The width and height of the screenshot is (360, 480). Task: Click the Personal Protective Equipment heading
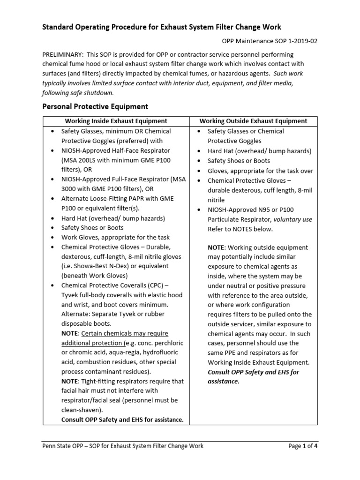pos(95,106)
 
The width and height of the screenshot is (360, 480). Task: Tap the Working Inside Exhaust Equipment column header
pos(116,121)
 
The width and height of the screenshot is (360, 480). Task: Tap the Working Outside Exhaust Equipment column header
pos(253,121)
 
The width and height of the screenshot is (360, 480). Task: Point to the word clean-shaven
pos(78,410)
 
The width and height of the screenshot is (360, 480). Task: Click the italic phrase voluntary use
pos(293,219)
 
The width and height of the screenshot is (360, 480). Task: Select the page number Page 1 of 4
pos(303,446)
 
